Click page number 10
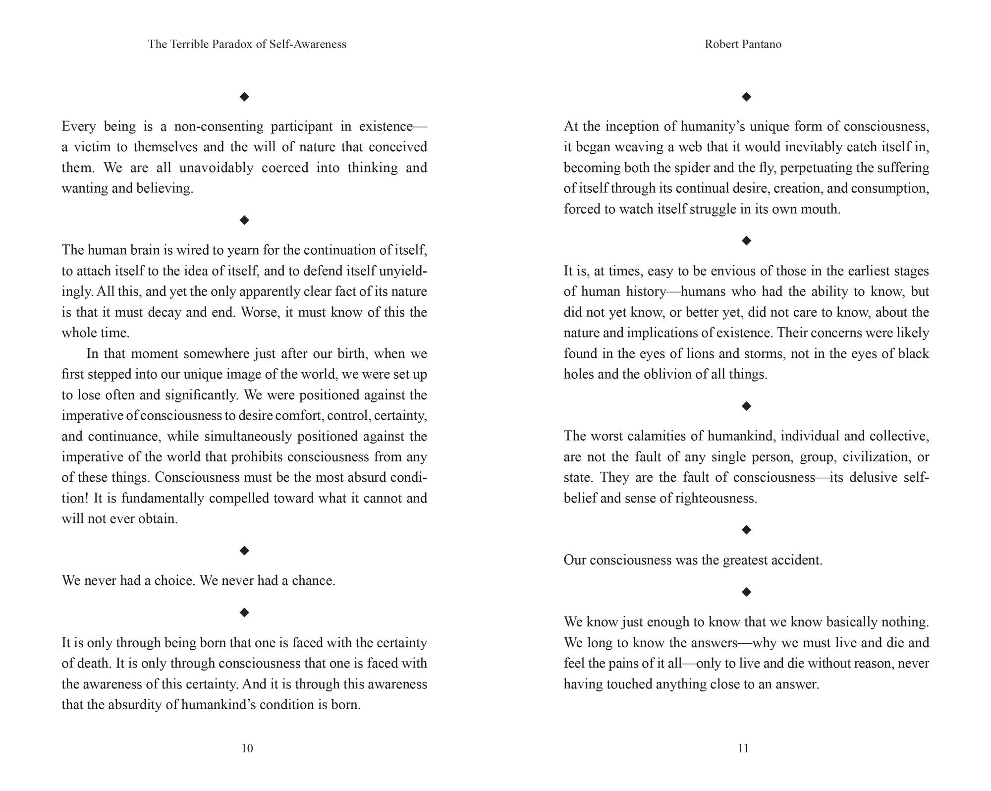(x=247, y=748)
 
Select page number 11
(x=743, y=748)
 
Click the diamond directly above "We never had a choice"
(x=244, y=551)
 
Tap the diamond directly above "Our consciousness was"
(x=746, y=530)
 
